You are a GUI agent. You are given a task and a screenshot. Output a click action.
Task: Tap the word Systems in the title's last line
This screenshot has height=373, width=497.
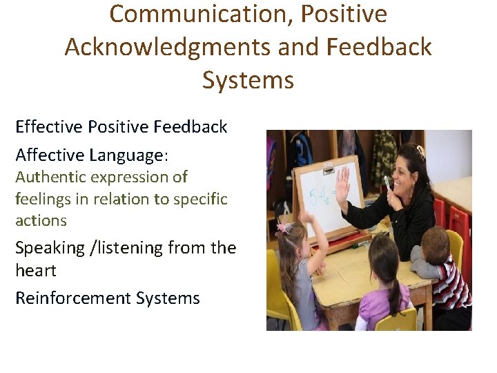248,80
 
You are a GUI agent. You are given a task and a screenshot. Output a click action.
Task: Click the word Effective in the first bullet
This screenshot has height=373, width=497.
49,127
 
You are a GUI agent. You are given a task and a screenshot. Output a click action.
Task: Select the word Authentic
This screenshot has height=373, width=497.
46,177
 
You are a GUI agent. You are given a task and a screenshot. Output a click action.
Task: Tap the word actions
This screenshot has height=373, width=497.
41,221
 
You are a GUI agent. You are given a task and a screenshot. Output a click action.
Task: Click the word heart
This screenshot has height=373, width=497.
35,270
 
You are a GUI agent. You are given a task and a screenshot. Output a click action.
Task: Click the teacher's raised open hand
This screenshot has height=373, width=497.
343,183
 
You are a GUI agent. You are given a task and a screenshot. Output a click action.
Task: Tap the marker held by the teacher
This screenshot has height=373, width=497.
389,184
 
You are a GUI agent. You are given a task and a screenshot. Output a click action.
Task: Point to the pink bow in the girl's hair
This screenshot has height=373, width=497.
284,229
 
